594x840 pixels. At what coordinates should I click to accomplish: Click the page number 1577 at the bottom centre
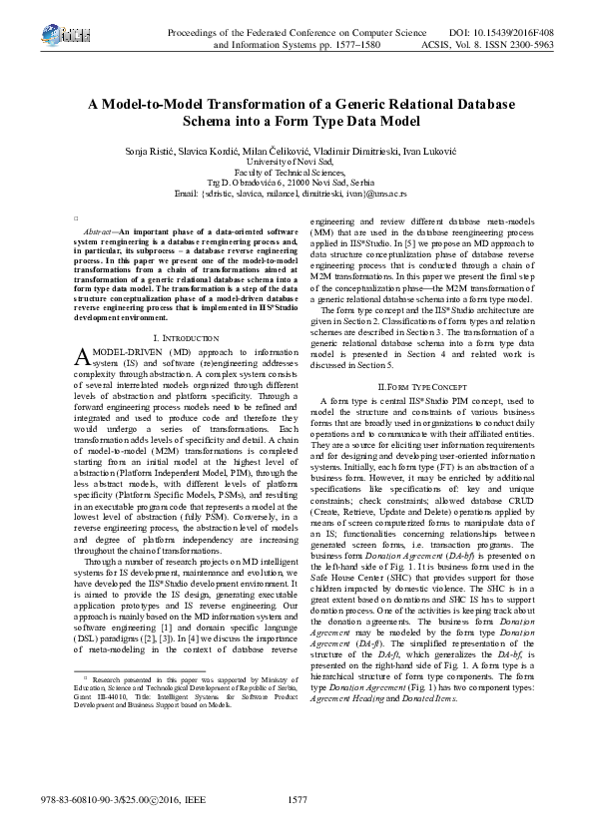[297, 799]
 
